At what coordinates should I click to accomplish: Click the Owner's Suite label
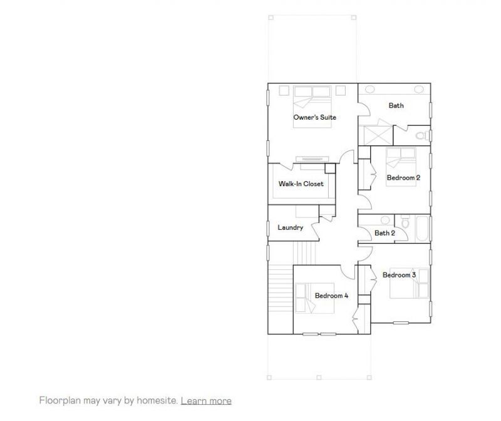coord(315,118)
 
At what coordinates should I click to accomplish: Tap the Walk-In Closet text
coord(301,184)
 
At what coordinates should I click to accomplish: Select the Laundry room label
coord(290,227)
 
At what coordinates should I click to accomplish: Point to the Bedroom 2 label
coord(403,178)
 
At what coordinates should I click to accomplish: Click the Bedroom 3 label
coord(399,275)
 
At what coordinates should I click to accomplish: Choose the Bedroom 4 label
coord(331,296)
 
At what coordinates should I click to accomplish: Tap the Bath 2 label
coord(385,233)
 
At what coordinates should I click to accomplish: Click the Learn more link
coord(206,401)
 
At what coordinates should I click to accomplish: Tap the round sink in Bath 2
coord(385,220)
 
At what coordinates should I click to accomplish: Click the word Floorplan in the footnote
coord(59,401)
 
